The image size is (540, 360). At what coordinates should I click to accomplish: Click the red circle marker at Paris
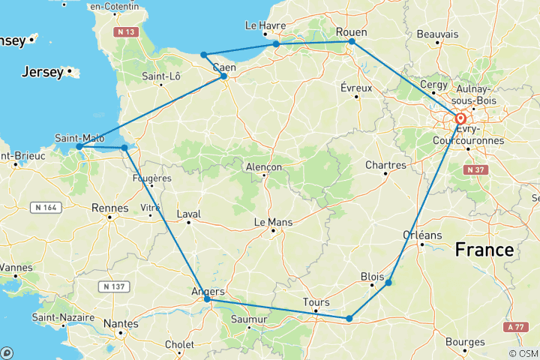pyautogui.click(x=460, y=118)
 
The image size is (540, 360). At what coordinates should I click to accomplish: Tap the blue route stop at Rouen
pyautogui.click(x=352, y=42)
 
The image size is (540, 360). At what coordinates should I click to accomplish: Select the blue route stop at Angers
pyautogui.click(x=208, y=299)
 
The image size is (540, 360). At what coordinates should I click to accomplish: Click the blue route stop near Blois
pyautogui.click(x=388, y=283)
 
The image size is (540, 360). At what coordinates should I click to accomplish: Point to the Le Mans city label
pyautogui.click(x=273, y=222)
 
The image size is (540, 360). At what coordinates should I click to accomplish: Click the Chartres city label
pyautogui.click(x=385, y=165)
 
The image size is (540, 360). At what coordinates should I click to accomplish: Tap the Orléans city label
pyautogui.click(x=422, y=235)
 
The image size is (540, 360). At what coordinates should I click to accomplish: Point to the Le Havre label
pyautogui.click(x=266, y=25)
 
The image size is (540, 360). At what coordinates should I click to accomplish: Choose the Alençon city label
pyautogui.click(x=264, y=166)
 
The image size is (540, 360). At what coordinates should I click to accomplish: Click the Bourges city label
pyautogui.click(x=464, y=342)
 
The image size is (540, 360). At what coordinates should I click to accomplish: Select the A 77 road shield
pyautogui.click(x=514, y=327)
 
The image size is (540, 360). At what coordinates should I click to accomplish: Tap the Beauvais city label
pyautogui.click(x=437, y=34)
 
